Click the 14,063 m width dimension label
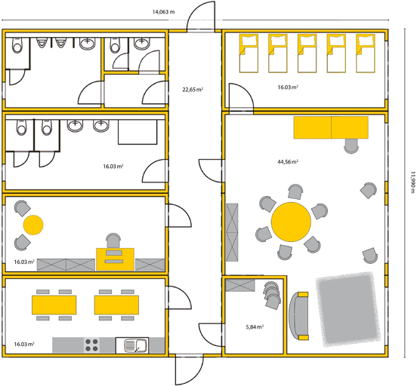click(163, 12)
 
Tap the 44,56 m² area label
click(288, 161)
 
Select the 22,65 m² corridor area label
click(193, 90)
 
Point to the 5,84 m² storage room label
click(255, 326)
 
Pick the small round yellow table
click(33, 225)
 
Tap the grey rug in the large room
click(348, 309)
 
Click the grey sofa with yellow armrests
click(298, 316)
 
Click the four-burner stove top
click(91, 345)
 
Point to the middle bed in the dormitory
click(307, 53)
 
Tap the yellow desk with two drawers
click(115, 259)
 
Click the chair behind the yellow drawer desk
click(113, 240)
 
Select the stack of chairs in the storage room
click(272, 295)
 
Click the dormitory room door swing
click(242, 96)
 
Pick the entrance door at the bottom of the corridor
click(189, 369)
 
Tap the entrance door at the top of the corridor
click(201, 17)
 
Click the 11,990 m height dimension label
click(412, 182)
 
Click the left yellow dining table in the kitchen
click(54, 305)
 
